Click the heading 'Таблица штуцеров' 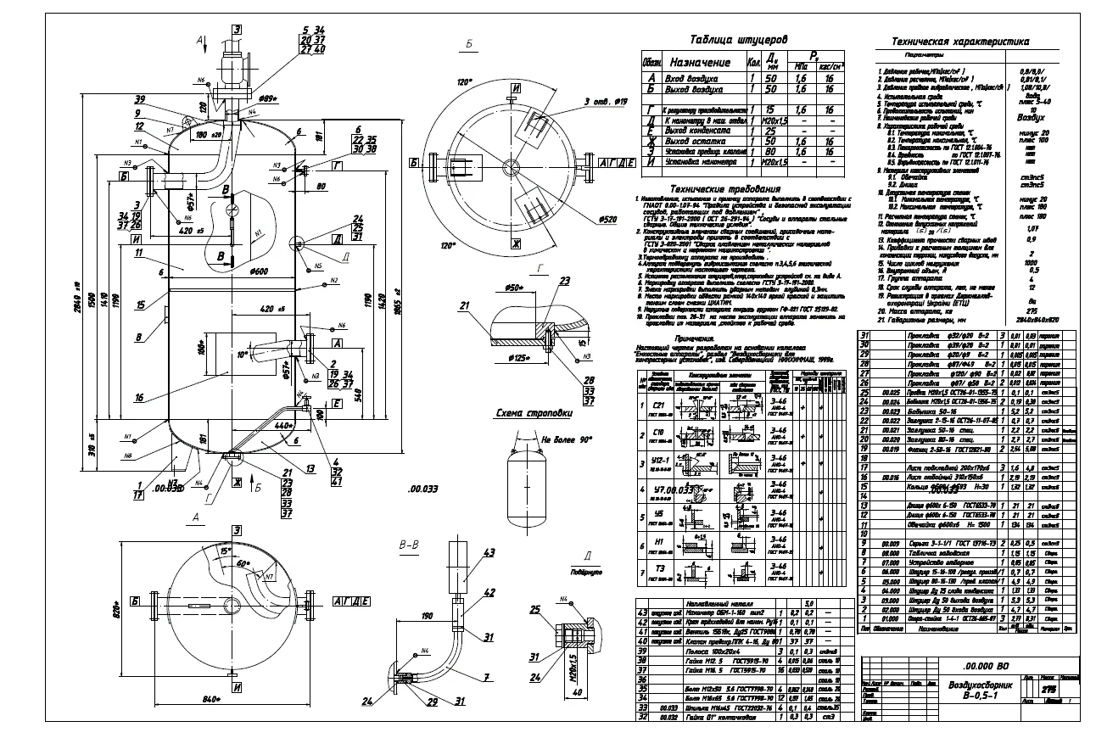point(738,39)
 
